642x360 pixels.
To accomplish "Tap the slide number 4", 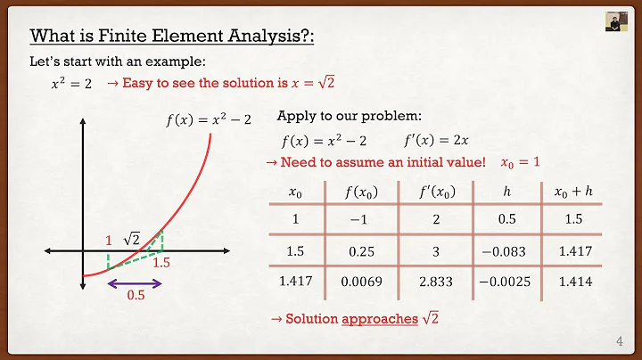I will coord(620,341).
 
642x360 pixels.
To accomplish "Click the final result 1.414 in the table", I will coord(572,282).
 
